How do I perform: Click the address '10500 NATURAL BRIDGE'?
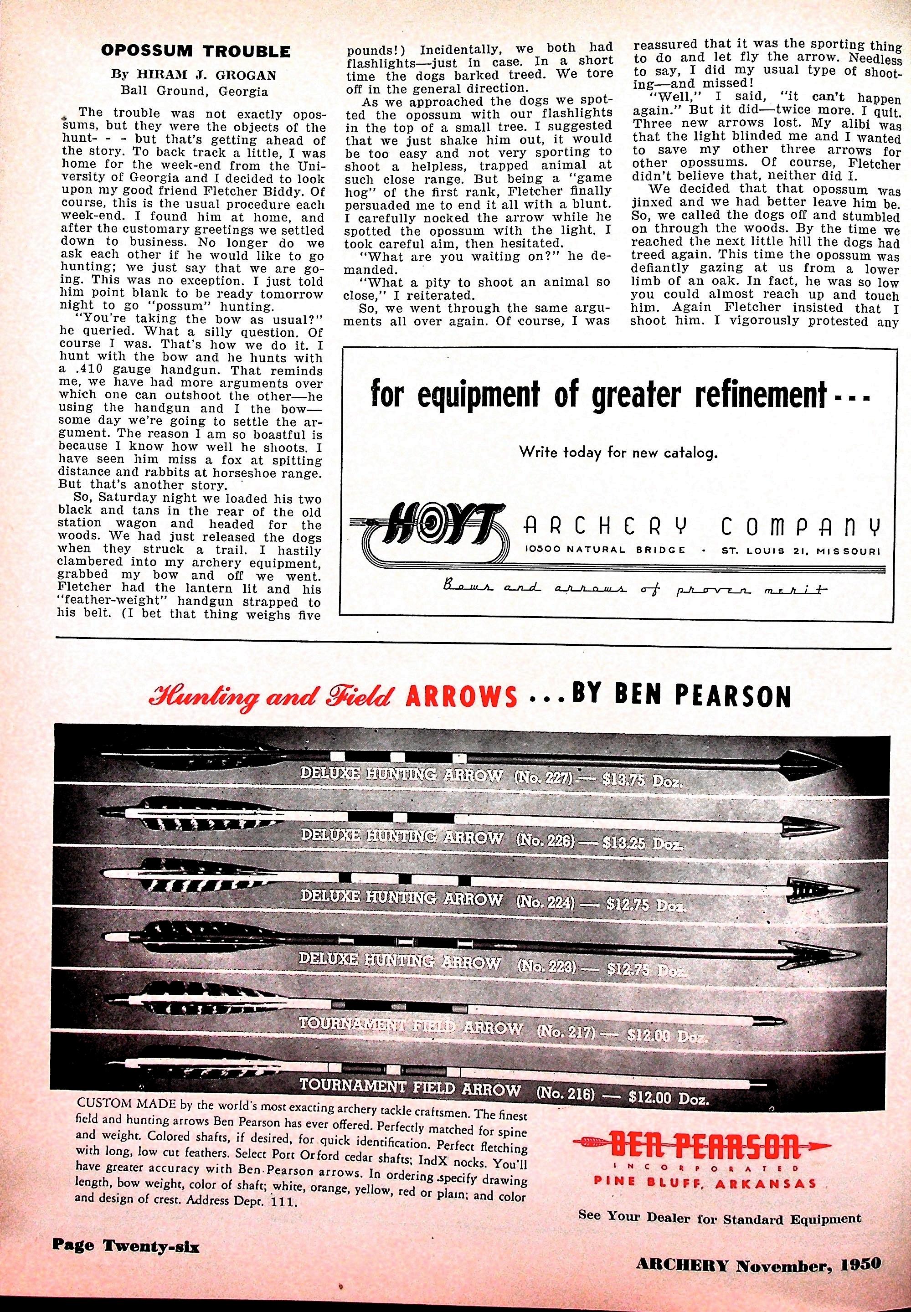pyautogui.click(x=606, y=550)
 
